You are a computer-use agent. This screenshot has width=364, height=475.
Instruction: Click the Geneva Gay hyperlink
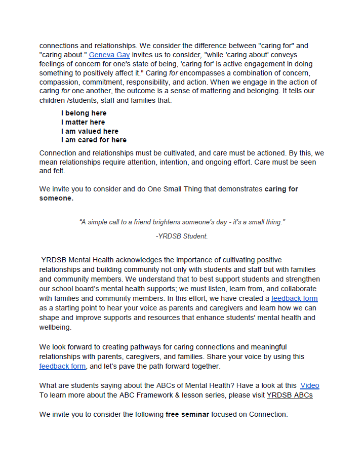click(x=106, y=55)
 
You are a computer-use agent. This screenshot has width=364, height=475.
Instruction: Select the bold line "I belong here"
click(x=84, y=113)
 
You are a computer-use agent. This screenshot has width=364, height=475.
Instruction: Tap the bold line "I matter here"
click(x=83, y=122)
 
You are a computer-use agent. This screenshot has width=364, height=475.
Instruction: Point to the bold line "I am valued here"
click(x=90, y=131)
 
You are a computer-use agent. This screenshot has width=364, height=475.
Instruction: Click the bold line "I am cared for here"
click(x=94, y=140)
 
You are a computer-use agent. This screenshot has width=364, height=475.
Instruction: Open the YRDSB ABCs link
click(x=290, y=394)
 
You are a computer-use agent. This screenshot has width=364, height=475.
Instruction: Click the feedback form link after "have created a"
click(x=294, y=298)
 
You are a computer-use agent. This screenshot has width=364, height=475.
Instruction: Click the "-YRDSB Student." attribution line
click(x=182, y=236)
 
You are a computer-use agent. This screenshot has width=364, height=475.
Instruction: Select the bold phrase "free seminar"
click(x=187, y=414)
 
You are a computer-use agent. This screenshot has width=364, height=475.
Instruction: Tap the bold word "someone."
click(x=56, y=199)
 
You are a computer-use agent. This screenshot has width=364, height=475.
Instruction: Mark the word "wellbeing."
click(x=55, y=327)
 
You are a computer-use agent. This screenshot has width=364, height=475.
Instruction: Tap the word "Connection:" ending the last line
click(x=269, y=414)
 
